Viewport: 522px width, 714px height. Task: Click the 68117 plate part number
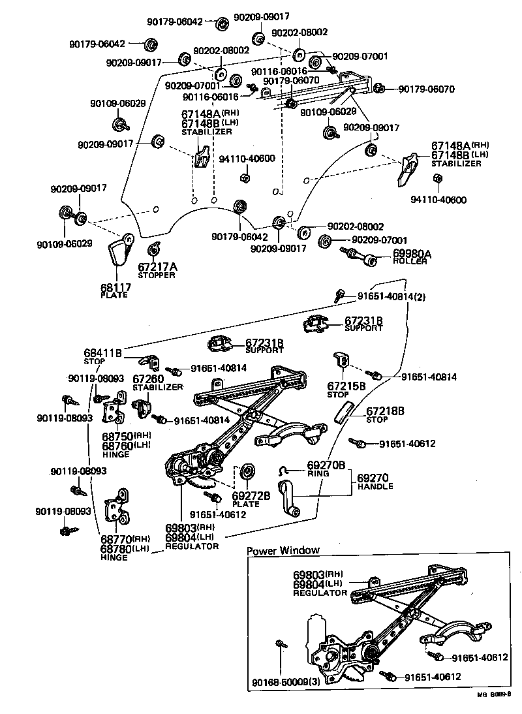click(115, 287)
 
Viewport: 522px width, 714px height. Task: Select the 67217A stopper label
click(157, 266)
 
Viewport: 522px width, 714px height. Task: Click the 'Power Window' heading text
click(283, 550)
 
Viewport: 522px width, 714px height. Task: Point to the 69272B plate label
click(251, 495)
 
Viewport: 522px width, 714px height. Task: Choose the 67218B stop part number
click(385, 411)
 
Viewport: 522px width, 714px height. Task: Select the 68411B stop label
click(102, 352)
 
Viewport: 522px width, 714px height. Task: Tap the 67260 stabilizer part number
click(147, 379)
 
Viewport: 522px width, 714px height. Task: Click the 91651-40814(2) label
click(391, 296)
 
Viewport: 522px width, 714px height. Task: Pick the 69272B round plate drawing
click(248, 471)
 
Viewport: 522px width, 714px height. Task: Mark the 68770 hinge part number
click(115, 539)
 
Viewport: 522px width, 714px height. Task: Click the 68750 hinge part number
click(117, 436)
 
